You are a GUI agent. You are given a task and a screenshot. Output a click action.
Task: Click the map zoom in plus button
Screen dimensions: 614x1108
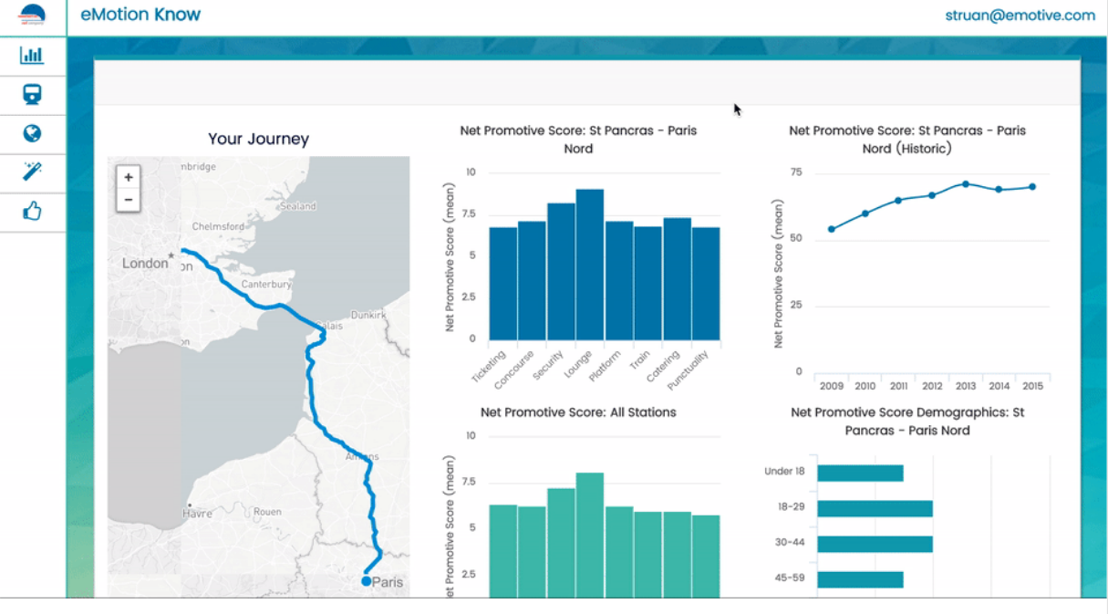[x=129, y=177]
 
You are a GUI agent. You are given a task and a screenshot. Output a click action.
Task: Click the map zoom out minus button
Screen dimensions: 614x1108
[x=129, y=200]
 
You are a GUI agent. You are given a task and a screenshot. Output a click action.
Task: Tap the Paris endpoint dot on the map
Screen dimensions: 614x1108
[x=367, y=581]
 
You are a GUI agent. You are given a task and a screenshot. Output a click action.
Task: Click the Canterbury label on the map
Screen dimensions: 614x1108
[x=266, y=285]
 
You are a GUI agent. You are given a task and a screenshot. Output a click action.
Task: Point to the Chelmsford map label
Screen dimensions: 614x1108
[x=218, y=226]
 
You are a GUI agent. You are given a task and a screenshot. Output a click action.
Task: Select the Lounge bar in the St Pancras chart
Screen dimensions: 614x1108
[x=590, y=264]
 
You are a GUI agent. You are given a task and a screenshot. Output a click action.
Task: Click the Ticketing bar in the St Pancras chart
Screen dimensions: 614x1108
[x=503, y=283]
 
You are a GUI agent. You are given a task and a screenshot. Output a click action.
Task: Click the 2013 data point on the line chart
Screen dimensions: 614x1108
[x=966, y=184]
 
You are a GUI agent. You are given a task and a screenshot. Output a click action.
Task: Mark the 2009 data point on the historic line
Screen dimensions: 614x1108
[x=832, y=229]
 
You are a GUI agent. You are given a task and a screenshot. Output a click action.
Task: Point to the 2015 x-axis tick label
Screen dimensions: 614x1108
[x=1032, y=386]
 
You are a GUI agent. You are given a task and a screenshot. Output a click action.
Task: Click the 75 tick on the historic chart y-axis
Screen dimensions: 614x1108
[x=796, y=172]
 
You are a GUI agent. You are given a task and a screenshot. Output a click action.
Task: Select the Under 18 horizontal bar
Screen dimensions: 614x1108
[x=860, y=473]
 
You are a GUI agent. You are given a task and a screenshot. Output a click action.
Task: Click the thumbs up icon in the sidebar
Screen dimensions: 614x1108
[x=32, y=212]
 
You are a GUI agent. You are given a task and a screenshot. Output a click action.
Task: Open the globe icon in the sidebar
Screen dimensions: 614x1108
[x=32, y=134]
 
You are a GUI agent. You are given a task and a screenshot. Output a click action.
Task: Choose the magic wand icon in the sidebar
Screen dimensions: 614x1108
[x=32, y=172]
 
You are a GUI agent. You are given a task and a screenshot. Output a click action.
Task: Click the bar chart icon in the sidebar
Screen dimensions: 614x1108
[x=32, y=56]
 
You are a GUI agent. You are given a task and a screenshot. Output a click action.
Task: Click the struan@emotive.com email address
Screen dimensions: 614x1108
[x=1020, y=15]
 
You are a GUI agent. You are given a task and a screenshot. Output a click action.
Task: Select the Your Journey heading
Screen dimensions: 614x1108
[x=258, y=139]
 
